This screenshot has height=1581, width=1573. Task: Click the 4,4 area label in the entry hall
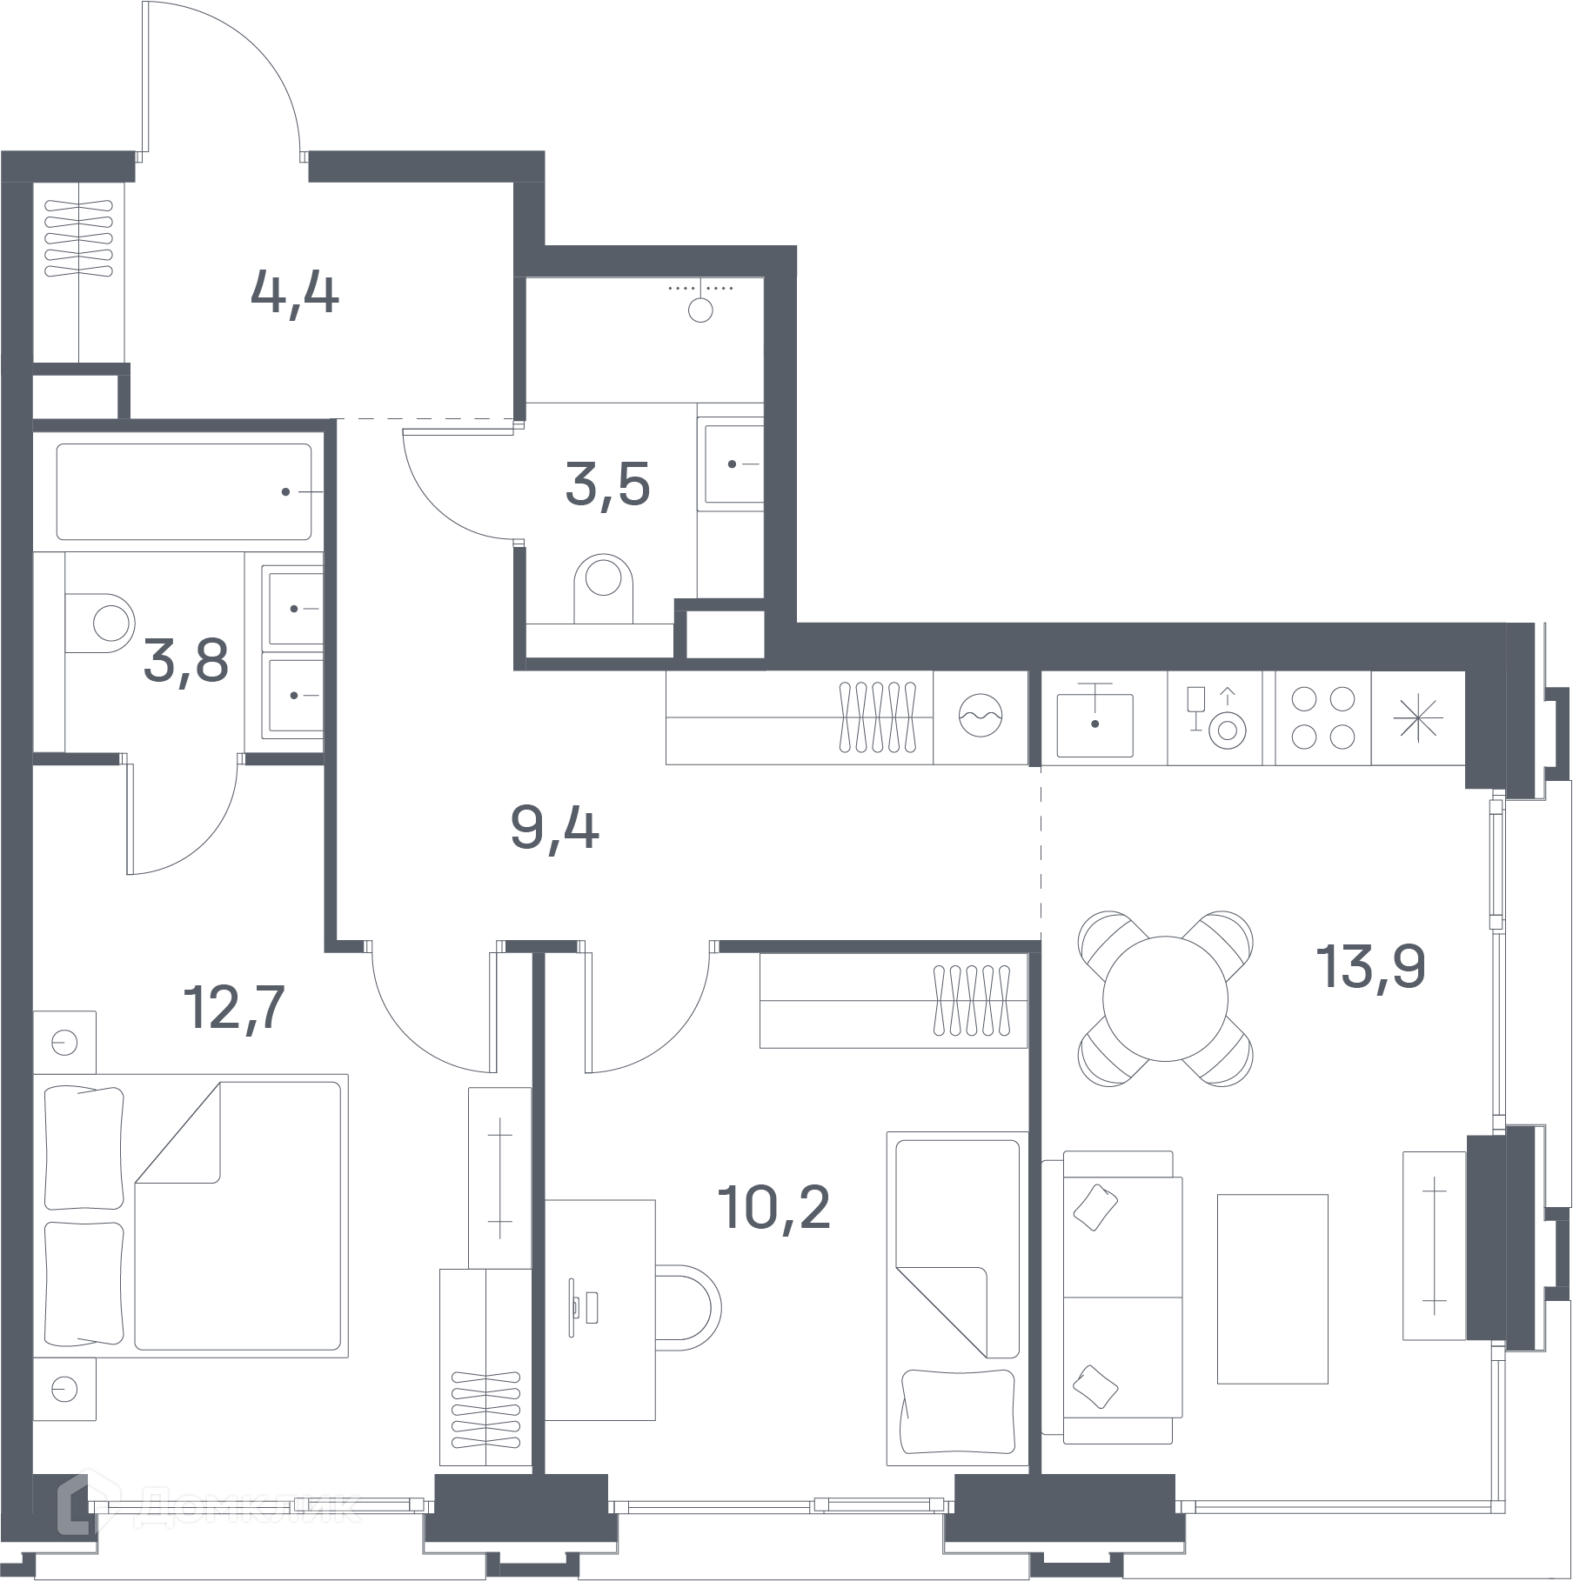click(294, 294)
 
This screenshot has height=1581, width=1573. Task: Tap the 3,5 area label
click(607, 485)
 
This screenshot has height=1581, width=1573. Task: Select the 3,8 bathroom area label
click(186, 660)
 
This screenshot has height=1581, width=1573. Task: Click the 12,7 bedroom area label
click(234, 1007)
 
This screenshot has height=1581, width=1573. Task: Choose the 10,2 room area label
click(773, 1207)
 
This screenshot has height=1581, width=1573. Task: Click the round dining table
click(1165, 997)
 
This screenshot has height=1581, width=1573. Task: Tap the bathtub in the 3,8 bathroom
click(184, 492)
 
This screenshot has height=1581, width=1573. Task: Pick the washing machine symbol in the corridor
click(981, 717)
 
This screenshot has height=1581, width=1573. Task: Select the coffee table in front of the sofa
click(1272, 1288)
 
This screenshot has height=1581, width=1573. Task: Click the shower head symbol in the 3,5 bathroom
click(700, 301)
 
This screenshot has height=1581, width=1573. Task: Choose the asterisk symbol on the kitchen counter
click(1417, 717)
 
